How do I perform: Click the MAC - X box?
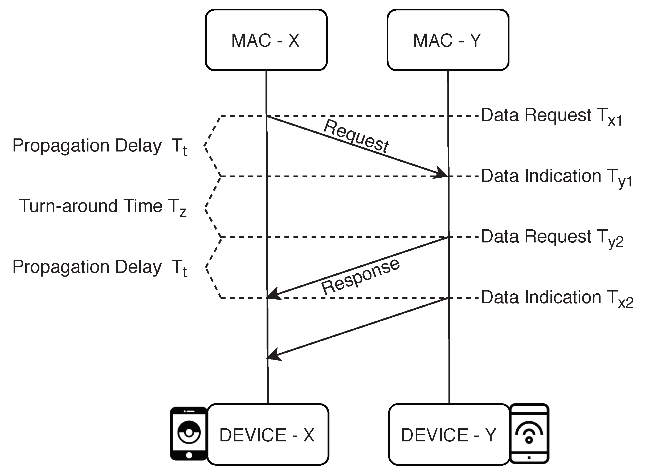(x=266, y=40)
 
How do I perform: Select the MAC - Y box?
(x=448, y=40)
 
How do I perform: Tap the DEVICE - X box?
(x=268, y=434)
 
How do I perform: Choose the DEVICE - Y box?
(x=449, y=434)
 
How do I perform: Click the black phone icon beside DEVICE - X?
(x=189, y=434)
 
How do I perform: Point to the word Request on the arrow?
(x=356, y=135)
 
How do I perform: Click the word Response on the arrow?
(x=360, y=276)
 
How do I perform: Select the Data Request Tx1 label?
(x=552, y=116)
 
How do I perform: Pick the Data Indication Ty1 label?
(x=556, y=177)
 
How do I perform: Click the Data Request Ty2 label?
(x=552, y=238)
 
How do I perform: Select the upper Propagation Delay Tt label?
(x=100, y=146)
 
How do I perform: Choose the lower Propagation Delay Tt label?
(x=100, y=268)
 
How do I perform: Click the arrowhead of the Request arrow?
(x=441, y=172)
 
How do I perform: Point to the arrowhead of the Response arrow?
(x=274, y=294)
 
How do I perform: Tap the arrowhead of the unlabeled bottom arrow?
(x=274, y=354)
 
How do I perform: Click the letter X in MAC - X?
(x=294, y=40)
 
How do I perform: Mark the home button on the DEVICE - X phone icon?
(x=189, y=455)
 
